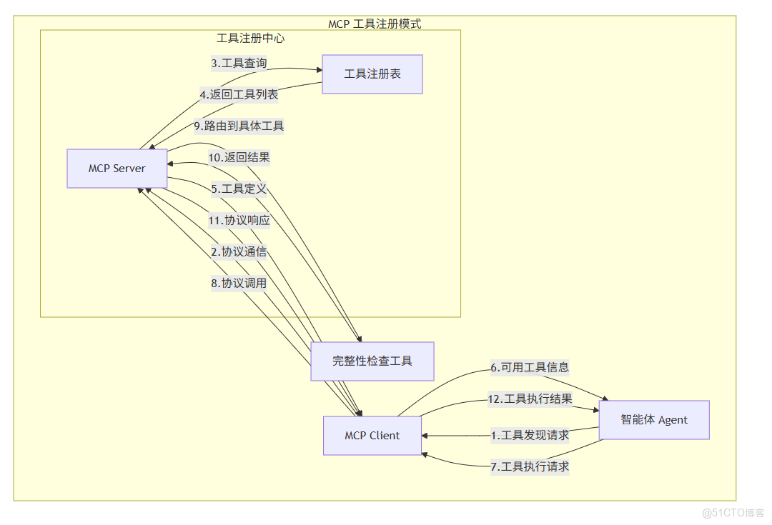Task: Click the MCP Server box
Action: coord(117,169)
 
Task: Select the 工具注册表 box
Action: coord(372,74)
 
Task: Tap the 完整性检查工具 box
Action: coord(372,361)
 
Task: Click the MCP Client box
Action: coord(372,436)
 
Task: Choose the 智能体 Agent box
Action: coord(654,420)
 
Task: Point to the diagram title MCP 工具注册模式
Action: coord(375,24)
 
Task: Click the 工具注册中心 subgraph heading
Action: coord(250,38)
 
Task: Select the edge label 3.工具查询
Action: coord(239,64)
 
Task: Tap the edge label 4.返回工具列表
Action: coord(239,94)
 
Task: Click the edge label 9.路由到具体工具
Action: coord(239,126)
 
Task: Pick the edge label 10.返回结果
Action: coord(239,157)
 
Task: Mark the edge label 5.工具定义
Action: coord(239,189)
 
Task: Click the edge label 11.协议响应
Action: coord(239,221)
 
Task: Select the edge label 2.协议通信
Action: coord(239,252)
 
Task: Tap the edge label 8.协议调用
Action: coord(239,284)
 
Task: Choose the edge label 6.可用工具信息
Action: coord(530,368)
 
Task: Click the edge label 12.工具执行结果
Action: coord(530,399)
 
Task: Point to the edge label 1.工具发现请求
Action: coord(530,435)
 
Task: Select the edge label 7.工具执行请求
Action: coord(530,467)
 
